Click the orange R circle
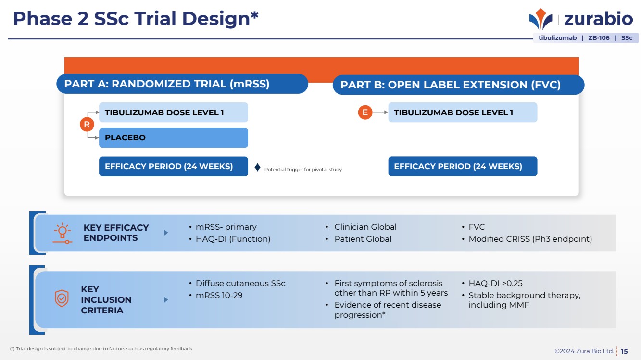(x=87, y=124)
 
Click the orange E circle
(x=365, y=112)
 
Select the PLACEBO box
(x=174, y=137)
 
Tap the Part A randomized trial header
(x=182, y=84)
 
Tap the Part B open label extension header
(x=458, y=85)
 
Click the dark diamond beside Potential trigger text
(x=258, y=168)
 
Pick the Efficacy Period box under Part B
(x=463, y=166)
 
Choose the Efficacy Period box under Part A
(x=174, y=166)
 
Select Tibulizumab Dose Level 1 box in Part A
(x=174, y=112)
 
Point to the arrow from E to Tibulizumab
(x=380, y=112)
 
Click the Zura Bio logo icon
(x=540, y=19)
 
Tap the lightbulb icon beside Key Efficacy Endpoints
(x=62, y=233)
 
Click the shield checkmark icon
(x=62, y=298)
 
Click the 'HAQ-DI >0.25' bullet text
(x=495, y=284)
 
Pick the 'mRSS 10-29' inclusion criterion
(x=219, y=296)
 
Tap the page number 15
(x=624, y=351)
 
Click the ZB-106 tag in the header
(x=599, y=38)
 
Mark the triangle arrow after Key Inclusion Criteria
(x=166, y=299)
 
